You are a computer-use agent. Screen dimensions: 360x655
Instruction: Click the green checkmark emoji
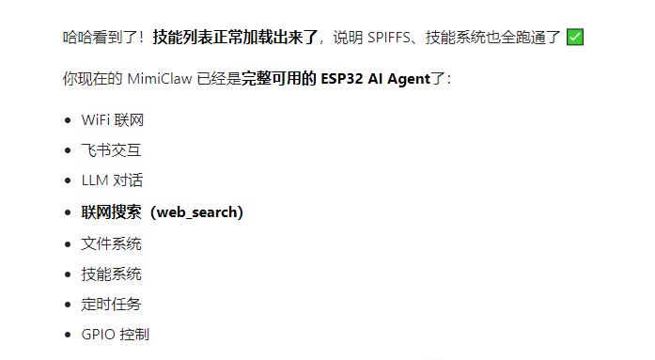[576, 38]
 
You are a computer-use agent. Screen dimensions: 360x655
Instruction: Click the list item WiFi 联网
[113, 120]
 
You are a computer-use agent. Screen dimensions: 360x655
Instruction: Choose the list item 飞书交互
[111, 150]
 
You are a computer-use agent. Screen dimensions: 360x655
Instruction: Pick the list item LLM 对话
[112, 180]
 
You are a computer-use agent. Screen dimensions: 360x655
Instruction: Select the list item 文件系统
[111, 243]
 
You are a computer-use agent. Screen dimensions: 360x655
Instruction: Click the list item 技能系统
[111, 274]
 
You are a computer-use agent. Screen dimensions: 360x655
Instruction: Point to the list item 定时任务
[111, 304]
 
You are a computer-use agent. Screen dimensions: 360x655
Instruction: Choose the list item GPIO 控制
[115, 334]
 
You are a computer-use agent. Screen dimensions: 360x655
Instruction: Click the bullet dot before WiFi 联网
[68, 120]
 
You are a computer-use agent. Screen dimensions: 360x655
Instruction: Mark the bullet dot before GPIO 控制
[68, 335]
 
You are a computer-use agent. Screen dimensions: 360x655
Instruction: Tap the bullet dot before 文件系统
[68, 244]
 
